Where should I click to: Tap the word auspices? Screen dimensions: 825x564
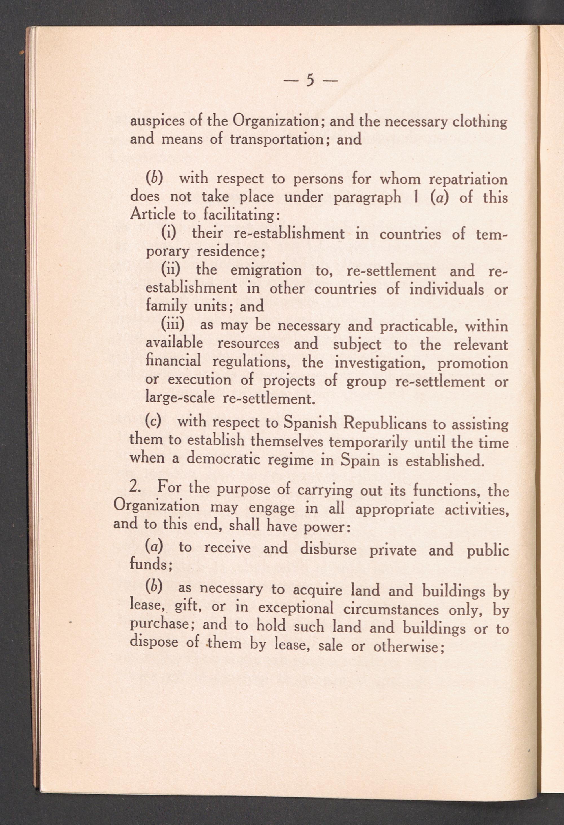pos(156,122)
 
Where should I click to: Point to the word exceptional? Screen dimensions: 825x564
pos(296,609)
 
